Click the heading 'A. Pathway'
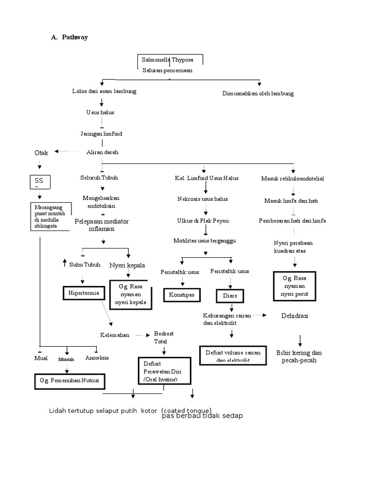click(x=69, y=38)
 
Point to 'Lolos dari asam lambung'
click(x=104, y=91)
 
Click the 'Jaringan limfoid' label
click(x=102, y=133)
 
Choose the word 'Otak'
click(x=42, y=153)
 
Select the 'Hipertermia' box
click(x=84, y=293)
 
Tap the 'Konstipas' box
click(x=181, y=295)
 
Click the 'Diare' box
click(x=230, y=296)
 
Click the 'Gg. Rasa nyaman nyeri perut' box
click(x=294, y=286)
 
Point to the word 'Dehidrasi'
click(x=295, y=316)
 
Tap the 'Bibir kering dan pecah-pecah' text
click(x=299, y=356)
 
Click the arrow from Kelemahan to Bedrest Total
click(x=141, y=336)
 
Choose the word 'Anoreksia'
click(x=97, y=357)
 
